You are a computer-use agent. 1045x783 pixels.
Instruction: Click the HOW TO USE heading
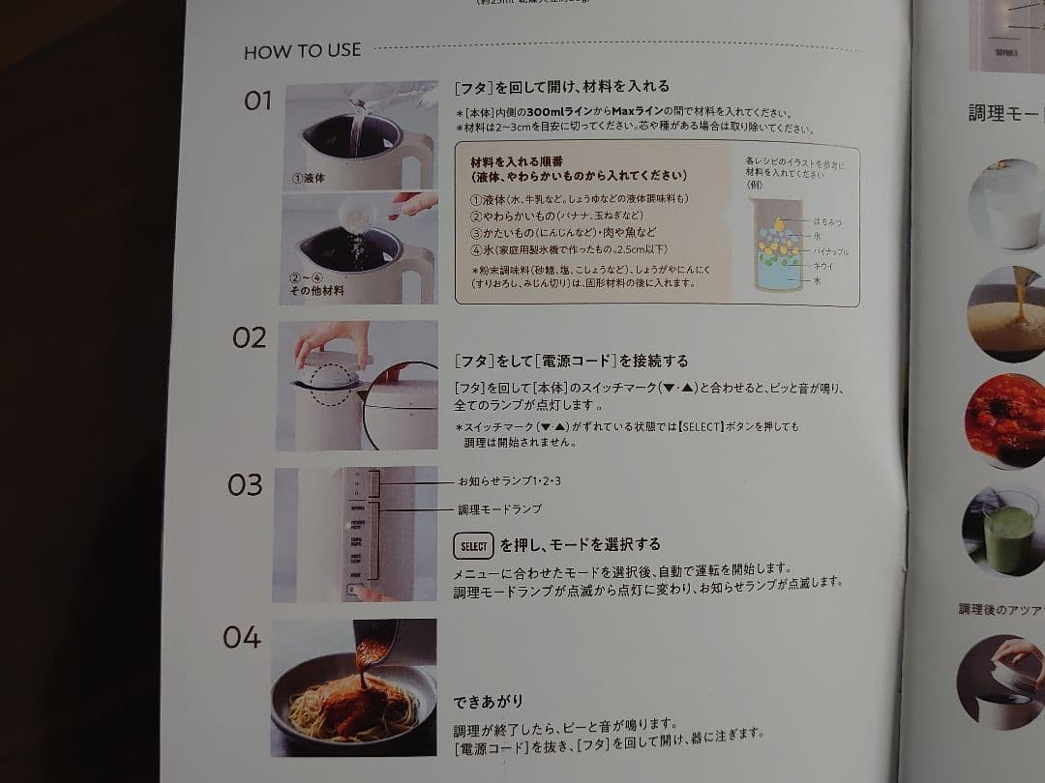point(302,51)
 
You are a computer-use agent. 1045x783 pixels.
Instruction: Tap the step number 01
point(257,101)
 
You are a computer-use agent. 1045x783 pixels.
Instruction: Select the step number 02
point(249,337)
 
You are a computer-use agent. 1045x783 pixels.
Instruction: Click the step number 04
point(242,637)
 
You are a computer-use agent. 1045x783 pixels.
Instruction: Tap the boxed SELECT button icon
point(473,546)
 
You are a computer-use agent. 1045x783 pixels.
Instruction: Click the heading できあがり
point(489,701)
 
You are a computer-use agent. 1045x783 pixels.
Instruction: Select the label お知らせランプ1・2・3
point(509,480)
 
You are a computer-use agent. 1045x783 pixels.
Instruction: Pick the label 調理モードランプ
point(499,508)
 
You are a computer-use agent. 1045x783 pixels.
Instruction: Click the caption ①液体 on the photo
point(310,179)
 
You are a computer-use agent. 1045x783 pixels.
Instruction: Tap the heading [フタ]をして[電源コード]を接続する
point(571,361)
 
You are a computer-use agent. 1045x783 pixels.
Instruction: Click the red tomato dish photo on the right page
point(1006,421)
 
